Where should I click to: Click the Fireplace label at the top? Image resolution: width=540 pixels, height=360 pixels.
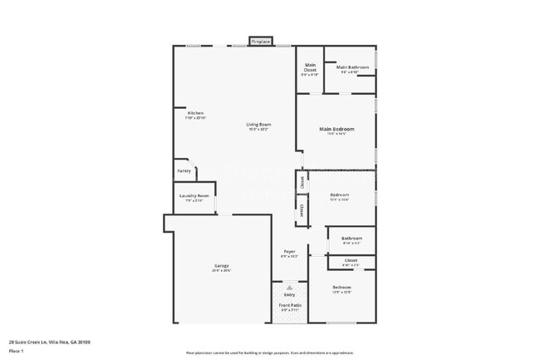click(261, 41)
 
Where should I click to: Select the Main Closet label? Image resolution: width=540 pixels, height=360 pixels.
click(310, 67)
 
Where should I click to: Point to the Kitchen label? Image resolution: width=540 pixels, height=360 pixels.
click(195, 113)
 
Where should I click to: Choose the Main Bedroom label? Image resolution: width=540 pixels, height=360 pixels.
click(336, 129)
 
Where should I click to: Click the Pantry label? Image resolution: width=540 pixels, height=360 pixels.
click(184, 171)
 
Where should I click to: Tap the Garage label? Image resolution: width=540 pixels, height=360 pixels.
click(221, 266)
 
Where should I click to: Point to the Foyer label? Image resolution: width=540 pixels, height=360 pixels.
click(289, 251)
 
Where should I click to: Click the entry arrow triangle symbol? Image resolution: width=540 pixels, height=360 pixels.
click(289, 287)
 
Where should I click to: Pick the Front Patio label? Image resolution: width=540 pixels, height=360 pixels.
click(289, 305)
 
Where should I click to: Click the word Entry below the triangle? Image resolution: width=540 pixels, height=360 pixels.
click(289, 294)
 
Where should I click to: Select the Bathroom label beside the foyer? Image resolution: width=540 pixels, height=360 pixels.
click(351, 239)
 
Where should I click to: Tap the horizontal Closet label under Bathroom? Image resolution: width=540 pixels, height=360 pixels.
click(351, 260)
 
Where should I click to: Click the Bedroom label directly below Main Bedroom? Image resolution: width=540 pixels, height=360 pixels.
click(339, 195)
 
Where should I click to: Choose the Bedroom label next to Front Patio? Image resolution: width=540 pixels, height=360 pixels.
click(342, 287)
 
